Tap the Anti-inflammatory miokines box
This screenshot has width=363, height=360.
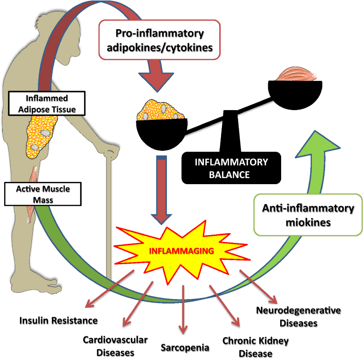click(305, 215)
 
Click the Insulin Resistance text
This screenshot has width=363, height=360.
click(58, 320)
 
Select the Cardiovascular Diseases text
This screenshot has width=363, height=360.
click(115, 346)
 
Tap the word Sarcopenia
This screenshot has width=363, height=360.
click(185, 347)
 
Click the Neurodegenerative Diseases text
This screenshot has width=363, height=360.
click(299, 316)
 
